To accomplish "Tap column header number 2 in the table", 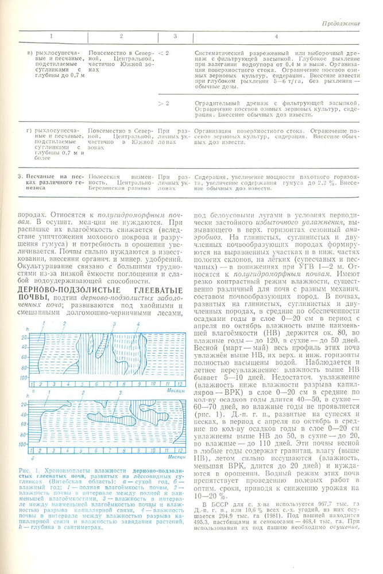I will click(121, 37).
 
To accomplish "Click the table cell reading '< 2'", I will click(164, 53).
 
